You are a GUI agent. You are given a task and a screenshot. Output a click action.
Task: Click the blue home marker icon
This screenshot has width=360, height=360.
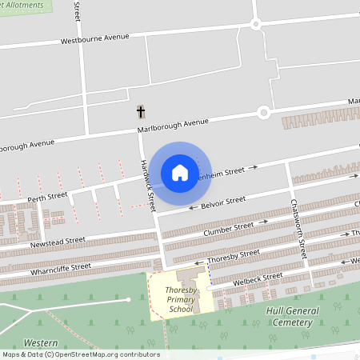(x=180, y=172)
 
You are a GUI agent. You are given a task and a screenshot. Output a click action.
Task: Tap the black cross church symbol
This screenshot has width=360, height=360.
(x=142, y=112)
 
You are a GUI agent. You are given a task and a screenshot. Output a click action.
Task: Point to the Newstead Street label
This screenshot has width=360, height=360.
(x=58, y=241)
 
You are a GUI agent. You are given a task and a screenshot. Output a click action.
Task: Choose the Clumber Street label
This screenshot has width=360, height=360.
(x=229, y=229)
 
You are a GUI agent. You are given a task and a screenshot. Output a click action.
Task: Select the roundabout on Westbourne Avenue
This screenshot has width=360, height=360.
(x=256, y=24)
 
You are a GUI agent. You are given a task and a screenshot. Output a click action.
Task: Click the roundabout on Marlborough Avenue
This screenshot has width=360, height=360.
(x=263, y=113)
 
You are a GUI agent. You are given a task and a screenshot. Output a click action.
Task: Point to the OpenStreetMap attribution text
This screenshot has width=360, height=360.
(x=80, y=354)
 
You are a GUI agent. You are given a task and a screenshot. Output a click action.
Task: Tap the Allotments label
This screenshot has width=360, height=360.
(x=24, y=4)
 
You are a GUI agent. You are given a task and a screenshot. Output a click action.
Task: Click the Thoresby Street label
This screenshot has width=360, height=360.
(x=234, y=256)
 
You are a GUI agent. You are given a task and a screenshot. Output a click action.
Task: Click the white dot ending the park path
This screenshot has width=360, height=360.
(x=129, y=299)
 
